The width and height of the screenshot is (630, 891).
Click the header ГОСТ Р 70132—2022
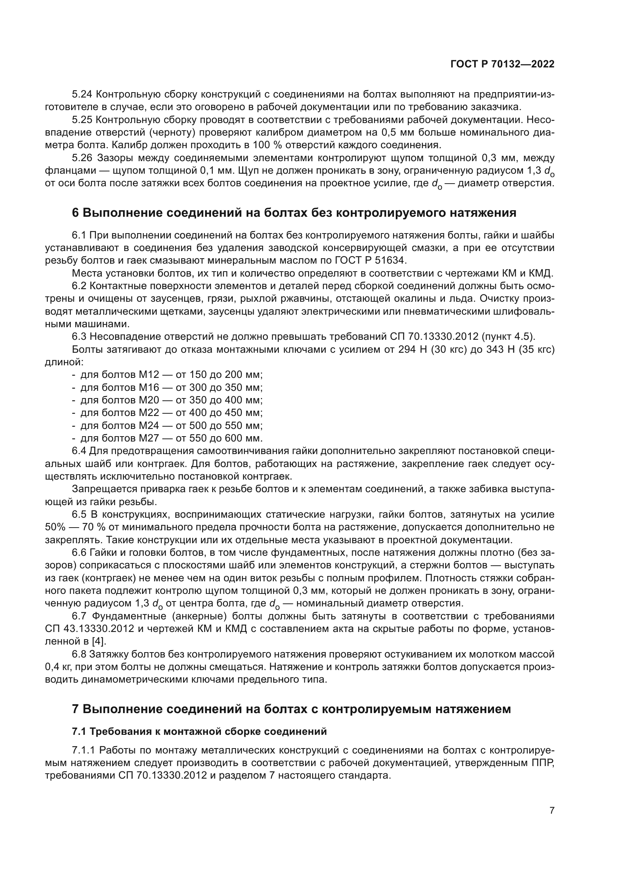[x=502, y=64]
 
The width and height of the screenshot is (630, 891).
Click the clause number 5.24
[x=82, y=94]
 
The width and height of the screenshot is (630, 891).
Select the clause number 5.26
[x=82, y=158]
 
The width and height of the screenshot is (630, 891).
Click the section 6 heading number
[x=76, y=213]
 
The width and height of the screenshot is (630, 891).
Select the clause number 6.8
[x=79, y=654]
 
